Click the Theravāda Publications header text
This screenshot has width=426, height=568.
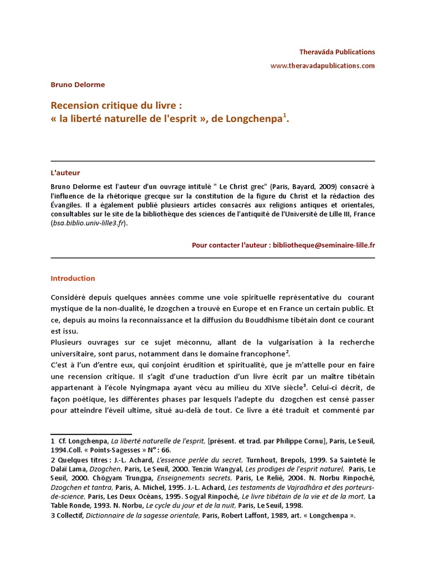click(337, 52)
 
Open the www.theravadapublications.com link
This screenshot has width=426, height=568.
click(322, 65)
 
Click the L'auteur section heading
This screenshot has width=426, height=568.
click(65, 173)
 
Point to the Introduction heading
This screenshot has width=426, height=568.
click(73, 278)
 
